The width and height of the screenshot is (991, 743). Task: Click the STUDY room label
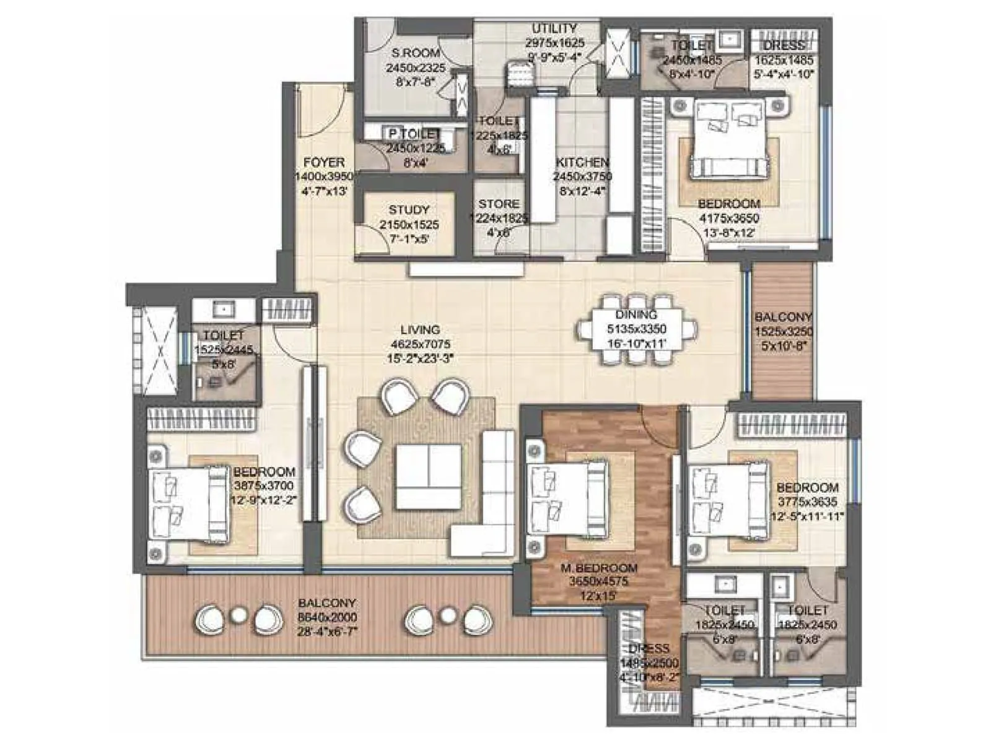pos(409,210)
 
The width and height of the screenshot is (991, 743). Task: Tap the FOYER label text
pos(323,163)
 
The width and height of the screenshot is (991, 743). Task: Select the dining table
pos(636,329)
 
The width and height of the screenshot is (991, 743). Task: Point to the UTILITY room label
pos(554,28)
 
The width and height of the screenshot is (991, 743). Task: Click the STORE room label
pos(499,204)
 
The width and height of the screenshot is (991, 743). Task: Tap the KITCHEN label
pos(582,162)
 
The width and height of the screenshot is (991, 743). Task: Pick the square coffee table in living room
pos(428,477)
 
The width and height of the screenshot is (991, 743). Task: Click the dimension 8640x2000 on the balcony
pos(327,617)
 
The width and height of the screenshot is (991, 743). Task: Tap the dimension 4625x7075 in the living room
pos(421,344)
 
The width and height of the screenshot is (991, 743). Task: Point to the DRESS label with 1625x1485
pos(784,46)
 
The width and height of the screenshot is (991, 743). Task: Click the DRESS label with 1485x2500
pos(648,648)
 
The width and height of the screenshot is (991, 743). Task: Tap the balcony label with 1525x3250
pos(783,317)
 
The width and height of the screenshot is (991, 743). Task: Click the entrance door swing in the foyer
pos(322,115)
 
